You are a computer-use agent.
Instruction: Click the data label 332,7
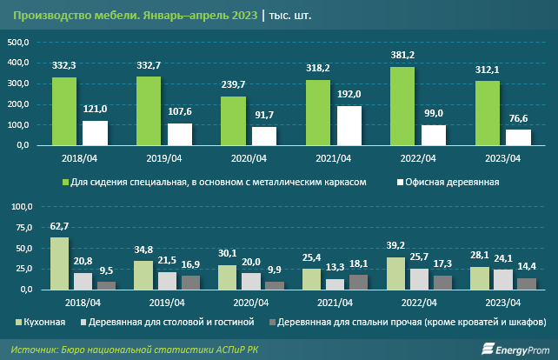149,65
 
